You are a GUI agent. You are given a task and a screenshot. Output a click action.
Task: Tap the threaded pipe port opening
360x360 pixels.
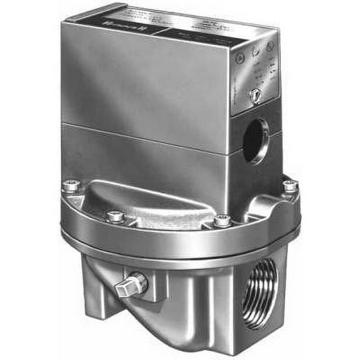click(x=259, y=284)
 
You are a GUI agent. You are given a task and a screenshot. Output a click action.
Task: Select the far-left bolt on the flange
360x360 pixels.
click(x=70, y=186)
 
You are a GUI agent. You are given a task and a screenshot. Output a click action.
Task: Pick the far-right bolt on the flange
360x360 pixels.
click(x=289, y=186)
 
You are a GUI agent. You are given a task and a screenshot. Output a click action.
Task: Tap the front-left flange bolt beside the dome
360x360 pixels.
click(x=116, y=216)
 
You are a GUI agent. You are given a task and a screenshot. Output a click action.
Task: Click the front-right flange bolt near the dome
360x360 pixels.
click(x=222, y=221)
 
